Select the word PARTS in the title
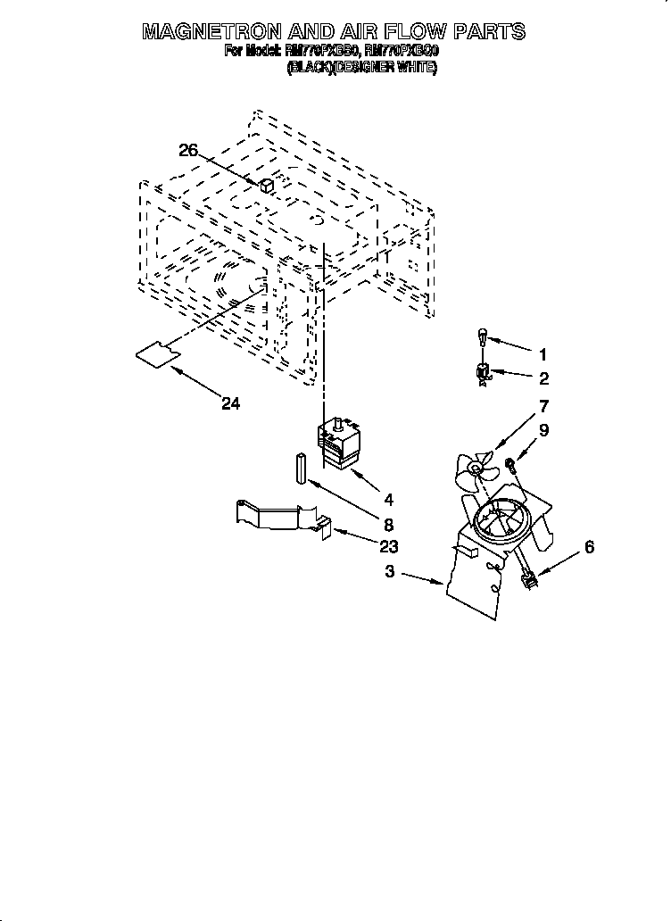click(x=490, y=32)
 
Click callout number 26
click(x=188, y=151)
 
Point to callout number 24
click(x=230, y=403)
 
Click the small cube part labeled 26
click(x=266, y=186)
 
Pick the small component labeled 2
click(x=483, y=373)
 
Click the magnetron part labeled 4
click(x=338, y=444)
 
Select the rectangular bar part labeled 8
click(x=301, y=469)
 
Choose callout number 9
click(x=543, y=429)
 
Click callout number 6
click(x=588, y=547)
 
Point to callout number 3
click(x=389, y=572)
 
